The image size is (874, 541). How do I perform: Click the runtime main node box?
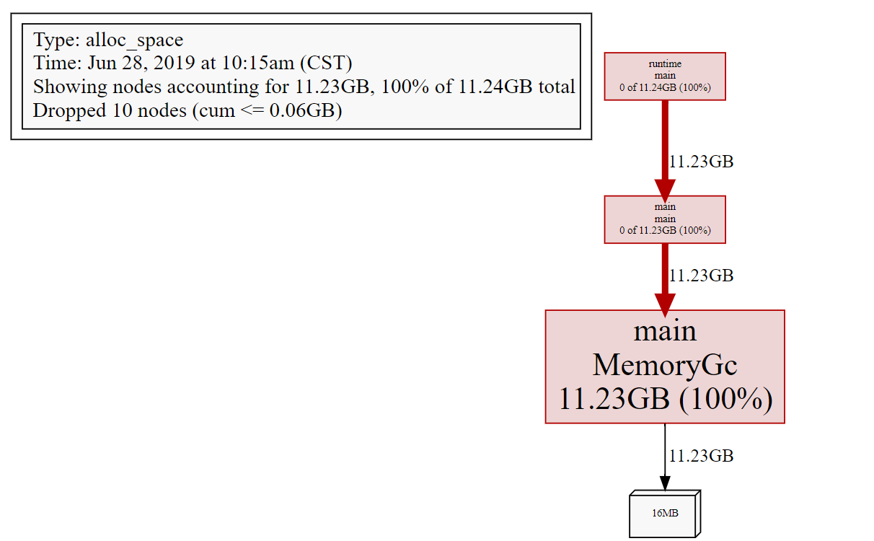tap(665, 76)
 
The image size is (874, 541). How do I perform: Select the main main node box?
tap(665, 219)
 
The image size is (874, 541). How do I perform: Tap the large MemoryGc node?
tap(665, 366)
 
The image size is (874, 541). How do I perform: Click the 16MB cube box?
tap(665, 514)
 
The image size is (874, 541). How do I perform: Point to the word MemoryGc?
tap(665, 365)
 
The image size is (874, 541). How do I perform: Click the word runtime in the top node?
tap(665, 63)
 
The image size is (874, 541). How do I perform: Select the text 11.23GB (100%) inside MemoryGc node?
tap(666, 399)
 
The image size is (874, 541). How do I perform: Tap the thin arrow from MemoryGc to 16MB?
tap(665, 457)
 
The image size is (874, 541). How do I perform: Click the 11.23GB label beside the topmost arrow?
tap(701, 162)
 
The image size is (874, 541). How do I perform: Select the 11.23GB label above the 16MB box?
tap(701, 456)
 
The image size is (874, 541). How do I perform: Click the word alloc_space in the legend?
tap(135, 40)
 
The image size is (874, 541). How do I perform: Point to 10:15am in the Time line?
tap(258, 63)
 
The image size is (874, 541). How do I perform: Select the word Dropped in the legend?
tap(69, 111)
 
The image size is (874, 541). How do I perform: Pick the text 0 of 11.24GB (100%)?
tap(665, 87)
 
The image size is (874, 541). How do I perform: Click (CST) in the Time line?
tap(326, 63)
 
